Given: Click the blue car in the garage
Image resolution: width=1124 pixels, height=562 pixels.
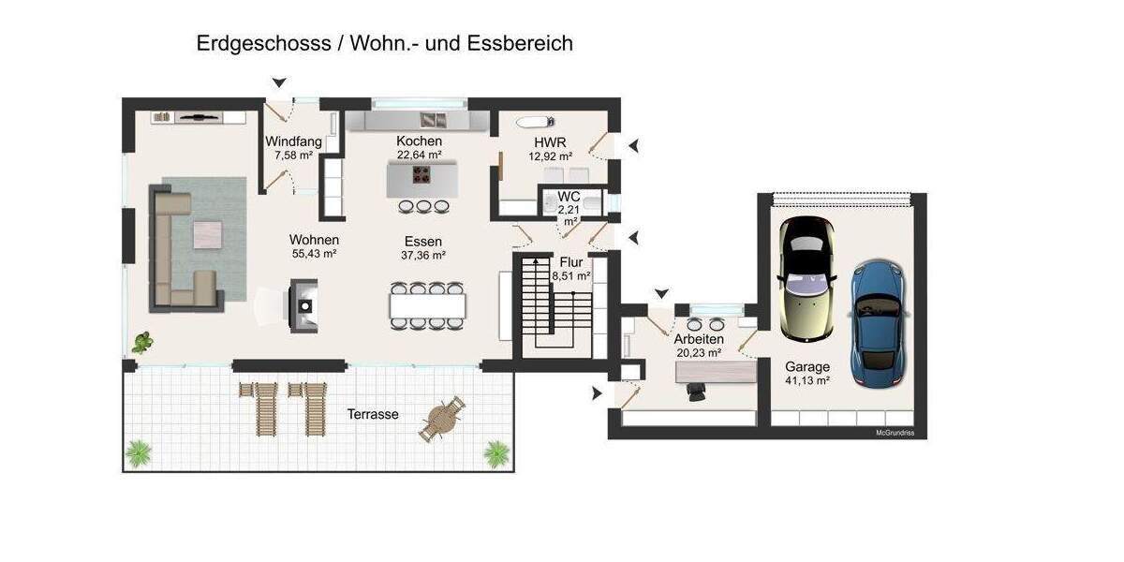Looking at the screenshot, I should tap(875, 323).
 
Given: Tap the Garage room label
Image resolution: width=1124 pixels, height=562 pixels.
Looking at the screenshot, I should tap(807, 367).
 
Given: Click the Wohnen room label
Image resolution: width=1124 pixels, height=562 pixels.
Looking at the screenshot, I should tap(314, 240).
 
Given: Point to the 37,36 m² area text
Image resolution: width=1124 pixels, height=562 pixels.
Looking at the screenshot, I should tap(423, 255).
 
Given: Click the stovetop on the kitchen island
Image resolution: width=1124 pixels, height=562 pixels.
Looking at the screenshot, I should tap(422, 175).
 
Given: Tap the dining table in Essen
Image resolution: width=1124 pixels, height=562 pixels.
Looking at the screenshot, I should tap(427, 305).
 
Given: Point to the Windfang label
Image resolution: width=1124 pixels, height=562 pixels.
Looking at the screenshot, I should tap(293, 141).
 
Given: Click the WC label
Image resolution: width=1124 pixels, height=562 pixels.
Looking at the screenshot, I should tap(569, 197).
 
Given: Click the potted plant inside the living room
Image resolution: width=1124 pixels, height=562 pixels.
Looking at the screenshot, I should tap(143, 342).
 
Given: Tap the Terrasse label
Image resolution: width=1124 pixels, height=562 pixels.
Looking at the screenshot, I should tap(373, 414).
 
